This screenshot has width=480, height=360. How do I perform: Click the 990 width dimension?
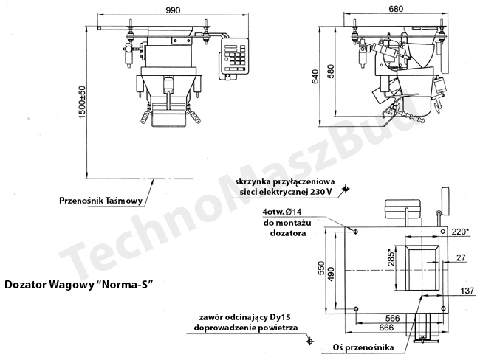[173, 10]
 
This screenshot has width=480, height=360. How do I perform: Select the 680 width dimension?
[396, 9]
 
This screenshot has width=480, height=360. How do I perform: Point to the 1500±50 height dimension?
[83, 102]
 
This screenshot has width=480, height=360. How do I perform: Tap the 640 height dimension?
[315, 77]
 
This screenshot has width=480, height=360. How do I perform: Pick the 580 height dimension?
[331, 71]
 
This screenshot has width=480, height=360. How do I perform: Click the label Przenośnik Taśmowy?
[100, 201]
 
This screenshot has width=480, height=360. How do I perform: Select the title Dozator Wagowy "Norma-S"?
[78, 285]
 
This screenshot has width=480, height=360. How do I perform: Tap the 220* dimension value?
[460, 232]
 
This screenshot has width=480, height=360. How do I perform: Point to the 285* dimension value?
[391, 258]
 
